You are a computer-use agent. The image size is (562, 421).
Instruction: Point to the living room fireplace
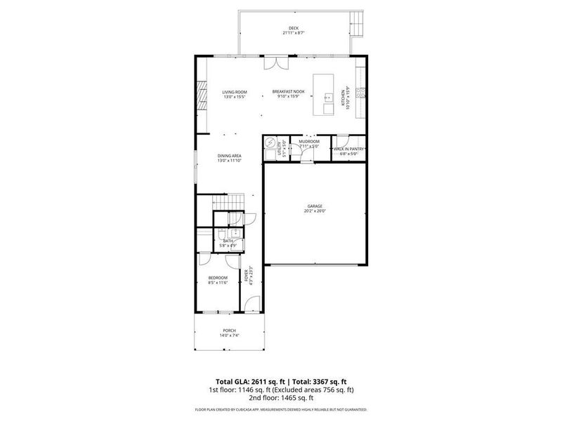pos(202,95)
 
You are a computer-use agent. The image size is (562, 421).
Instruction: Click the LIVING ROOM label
pos(235,92)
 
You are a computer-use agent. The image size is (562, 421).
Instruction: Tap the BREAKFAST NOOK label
pos(288,92)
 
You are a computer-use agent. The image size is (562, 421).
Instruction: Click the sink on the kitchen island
pos(328,107)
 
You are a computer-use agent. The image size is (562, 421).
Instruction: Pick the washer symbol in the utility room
pos(270,141)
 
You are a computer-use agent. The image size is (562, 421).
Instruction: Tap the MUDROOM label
pos(309,141)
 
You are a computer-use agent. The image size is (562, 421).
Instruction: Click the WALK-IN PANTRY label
pos(348,149)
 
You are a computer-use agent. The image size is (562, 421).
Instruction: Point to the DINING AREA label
pos(230,156)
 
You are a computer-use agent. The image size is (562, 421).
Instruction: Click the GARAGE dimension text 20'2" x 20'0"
pos(314,210)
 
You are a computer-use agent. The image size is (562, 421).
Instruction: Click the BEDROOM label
pos(218,278)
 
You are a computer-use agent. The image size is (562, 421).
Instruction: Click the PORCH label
pos(229,330)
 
